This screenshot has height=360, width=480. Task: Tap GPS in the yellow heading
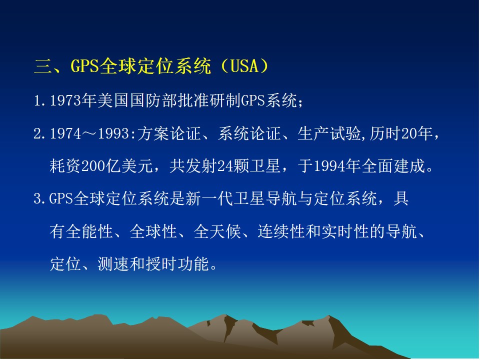click(x=85, y=66)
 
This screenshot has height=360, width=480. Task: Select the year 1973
click(x=65, y=100)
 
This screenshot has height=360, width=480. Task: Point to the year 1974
click(x=65, y=134)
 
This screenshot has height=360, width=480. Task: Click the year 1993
click(x=113, y=134)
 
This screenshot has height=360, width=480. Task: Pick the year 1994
click(x=329, y=166)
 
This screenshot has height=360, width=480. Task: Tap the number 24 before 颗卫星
click(x=225, y=166)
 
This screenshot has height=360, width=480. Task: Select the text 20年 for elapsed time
click(x=417, y=134)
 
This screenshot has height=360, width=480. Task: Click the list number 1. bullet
click(x=40, y=100)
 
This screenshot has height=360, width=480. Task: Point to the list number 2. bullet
click(x=40, y=134)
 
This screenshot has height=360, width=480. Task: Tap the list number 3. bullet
click(x=40, y=199)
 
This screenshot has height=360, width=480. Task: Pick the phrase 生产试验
click(x=329, y=134)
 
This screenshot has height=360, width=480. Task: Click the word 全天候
click(x=217, y=231)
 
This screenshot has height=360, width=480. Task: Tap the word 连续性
click(x=281, y=231)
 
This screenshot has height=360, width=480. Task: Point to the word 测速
click(x=113, y=264)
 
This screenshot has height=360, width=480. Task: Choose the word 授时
click(x=161, y=264)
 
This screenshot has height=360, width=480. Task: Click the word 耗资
click(x=65, y=166)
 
